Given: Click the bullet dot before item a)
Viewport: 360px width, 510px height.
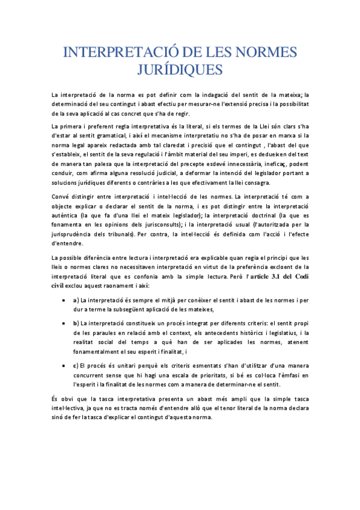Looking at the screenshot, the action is coord(64,300).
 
